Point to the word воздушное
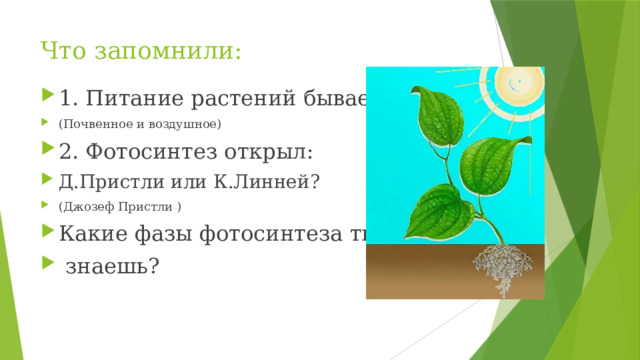click(182, 124)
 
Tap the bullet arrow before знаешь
click(51, 265)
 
